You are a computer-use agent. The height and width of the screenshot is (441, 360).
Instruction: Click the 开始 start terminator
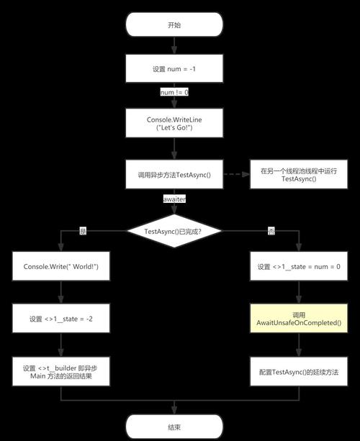[x=174, y=24]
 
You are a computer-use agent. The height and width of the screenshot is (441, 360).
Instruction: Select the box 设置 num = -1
[x=174, y=69]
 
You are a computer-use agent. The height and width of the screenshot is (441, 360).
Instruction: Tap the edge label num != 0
[x=174, y=93]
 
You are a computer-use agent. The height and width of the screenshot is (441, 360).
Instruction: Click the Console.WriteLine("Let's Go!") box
[x=174, y=123]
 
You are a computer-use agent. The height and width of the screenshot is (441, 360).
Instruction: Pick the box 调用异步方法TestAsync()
[x=174, y=173]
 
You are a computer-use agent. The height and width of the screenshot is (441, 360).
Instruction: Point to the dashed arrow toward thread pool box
[x=236, y=173]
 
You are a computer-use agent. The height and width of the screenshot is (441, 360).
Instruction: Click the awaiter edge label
[x=174, y=198]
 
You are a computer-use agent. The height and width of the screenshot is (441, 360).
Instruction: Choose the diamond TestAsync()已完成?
[x=174, y=231]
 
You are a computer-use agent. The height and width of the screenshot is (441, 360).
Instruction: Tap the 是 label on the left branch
[x=83, y=231]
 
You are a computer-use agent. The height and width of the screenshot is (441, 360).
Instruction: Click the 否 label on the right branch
[x=271, y=231]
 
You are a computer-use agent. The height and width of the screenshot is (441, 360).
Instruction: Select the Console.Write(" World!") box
[x=60, y=266]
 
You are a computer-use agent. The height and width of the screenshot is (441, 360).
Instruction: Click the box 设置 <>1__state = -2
[x=60, y=319]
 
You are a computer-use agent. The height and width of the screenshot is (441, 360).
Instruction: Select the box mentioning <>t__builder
[x=60, y=372]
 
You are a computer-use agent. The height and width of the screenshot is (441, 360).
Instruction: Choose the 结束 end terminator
[x=174, y=426]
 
